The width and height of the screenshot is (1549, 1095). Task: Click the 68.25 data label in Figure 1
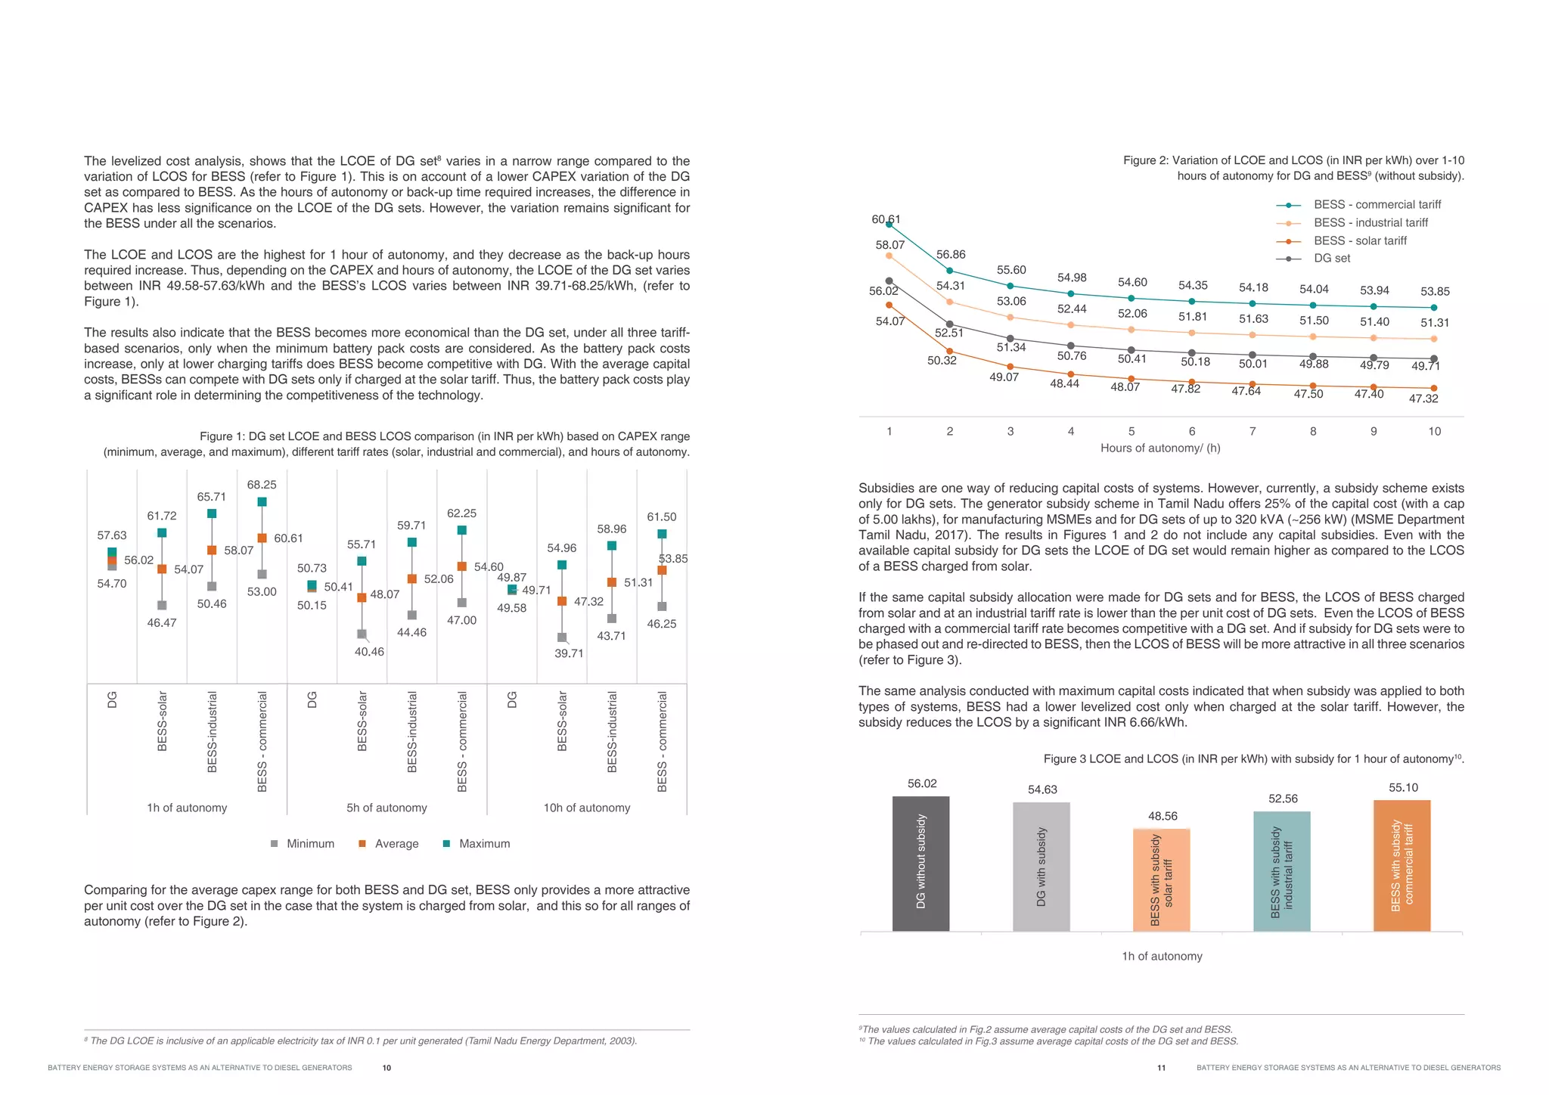pos(262,485)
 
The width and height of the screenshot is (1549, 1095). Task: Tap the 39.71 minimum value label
pos(569,653)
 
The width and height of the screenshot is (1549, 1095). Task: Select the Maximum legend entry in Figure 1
pos(476,844)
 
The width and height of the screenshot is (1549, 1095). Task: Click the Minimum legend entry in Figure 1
pos(303,844)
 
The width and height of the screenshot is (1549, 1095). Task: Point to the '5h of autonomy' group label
pos(386,808)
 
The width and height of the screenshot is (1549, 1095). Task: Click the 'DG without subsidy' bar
pos(920,864)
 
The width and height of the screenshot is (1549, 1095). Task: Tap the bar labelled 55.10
pos(1402,865)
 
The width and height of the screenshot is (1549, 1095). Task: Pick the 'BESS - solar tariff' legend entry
pos(1360,240)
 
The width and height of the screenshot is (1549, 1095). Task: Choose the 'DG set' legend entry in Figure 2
pos(1331,259)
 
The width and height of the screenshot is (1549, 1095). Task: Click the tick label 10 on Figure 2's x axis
pos(1434,432)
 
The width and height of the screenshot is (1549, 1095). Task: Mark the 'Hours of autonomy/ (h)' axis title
pos(1160,448)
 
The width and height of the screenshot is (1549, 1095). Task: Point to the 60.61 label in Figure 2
pos(886,219)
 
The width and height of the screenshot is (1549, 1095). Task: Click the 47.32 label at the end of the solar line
pos(1423,399)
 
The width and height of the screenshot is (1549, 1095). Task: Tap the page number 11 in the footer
pos(1161,1068)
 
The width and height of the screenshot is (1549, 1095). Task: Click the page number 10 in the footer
pos(386,1068)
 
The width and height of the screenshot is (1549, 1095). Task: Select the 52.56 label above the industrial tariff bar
pos(1283,799)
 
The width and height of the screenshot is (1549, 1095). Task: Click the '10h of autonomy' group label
pos(586,808)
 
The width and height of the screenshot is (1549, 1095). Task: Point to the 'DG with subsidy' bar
pos(1041,867)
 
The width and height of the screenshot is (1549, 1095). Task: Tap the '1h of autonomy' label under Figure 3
pos(1162,957)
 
